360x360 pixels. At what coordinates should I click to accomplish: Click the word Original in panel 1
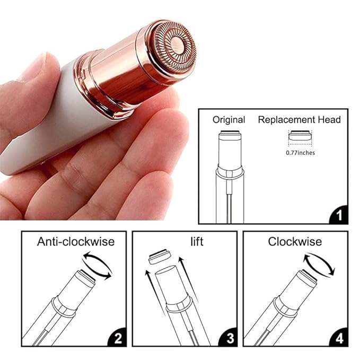click(229, 120)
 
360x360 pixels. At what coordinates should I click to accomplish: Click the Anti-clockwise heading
click(75, 242)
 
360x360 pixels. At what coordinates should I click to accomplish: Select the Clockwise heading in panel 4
click(294, 242)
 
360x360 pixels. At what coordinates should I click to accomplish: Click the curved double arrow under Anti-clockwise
click(98, 266)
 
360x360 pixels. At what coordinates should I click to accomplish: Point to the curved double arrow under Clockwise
click(319, 264)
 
